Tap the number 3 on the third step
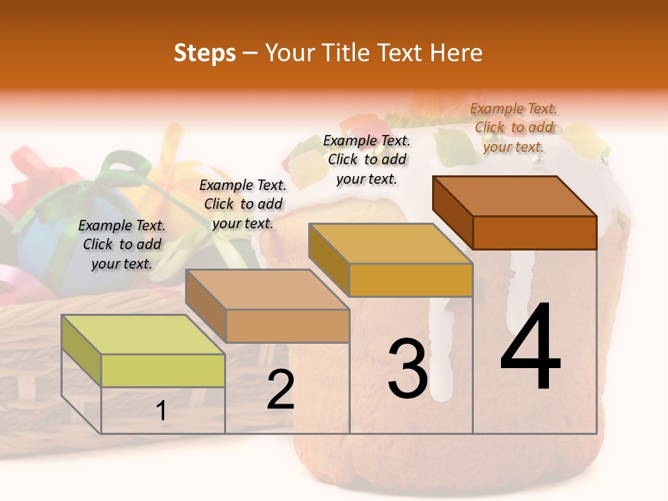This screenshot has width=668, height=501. pyautogui.click(x=407, y=369)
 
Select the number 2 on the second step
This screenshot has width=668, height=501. pyautogui.click(x=280, y=390)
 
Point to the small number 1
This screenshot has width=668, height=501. pyautogui.click(x=161, y=411)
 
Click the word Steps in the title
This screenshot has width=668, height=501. pyautogui.click(x=205, y=53)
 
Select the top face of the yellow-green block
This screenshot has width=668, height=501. pyautogui.click(x=143, y=335)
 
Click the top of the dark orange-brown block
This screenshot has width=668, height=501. pyautogui.click(x=515, y=196)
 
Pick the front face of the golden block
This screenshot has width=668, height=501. pyautogui.click(x=411, y=280)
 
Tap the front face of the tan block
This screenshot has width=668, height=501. pyautogui.click(x=287, y=326)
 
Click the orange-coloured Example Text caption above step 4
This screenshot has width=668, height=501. pyautogui.click(x=514, y=127)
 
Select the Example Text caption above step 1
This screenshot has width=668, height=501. pyautogui.click(x=122, y=244)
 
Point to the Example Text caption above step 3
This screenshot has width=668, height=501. pyautogui.click(x=367, y=159)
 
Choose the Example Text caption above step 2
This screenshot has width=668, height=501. pyautogui.click(x=243, y=204)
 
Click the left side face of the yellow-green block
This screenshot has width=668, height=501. pyautogui.click(x=81, y=350)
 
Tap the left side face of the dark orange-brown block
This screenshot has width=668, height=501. pyautogui.click(x=452, y=212)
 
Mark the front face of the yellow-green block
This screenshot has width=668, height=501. pyautogui.click(x=163, y=370)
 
